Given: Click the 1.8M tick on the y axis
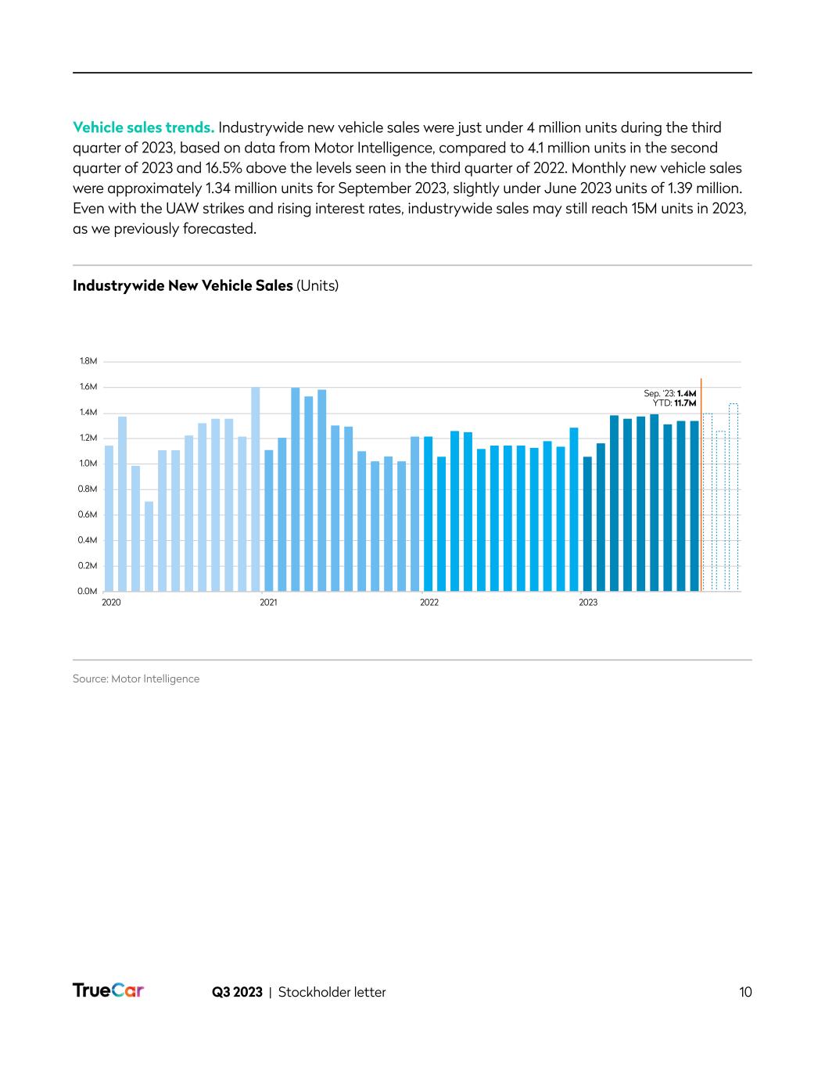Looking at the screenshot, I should point(88,361).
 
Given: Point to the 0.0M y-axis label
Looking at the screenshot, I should point(88,591).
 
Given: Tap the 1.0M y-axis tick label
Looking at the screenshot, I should point(88,464).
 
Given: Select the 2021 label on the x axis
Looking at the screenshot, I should point(268,603).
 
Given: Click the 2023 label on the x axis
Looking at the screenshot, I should point(588,603).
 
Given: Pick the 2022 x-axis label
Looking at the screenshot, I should point(429,603).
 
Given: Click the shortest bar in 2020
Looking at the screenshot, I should point(149,546).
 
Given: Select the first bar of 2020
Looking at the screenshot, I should point(109,518).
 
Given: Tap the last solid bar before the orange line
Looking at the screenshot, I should point(694,506).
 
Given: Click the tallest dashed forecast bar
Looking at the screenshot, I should point(734,497).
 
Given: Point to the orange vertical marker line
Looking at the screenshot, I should point(701,485).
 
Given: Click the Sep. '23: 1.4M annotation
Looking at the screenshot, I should point(669,393).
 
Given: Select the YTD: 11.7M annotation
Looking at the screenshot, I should point(674,403).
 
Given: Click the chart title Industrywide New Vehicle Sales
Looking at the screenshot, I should point(183,285).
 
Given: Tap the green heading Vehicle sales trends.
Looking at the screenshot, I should point(143,127).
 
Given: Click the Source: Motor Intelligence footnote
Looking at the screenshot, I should point(136,679).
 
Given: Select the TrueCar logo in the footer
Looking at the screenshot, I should point(108,990).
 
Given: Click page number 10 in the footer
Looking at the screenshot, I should point(745,992).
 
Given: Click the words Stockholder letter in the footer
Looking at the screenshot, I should point(332,992).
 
